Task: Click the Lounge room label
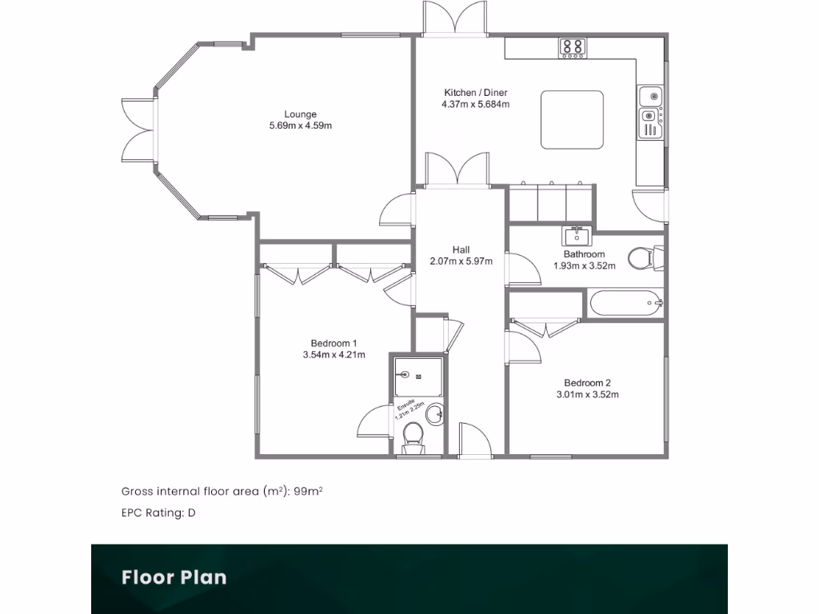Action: tap(300, 114)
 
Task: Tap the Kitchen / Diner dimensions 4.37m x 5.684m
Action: tap(475, 104)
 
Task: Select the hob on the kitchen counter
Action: tap(572, 47)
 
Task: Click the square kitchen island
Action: tap(572, 119)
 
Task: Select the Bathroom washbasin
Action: tap(576, 236)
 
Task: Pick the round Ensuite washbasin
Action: tap(434, 415)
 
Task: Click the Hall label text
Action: tap(460, 249)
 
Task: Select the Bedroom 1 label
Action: tap(334, 343)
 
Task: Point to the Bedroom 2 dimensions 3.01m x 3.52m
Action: tap(588, 394)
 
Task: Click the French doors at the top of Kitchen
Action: tap(454, 18)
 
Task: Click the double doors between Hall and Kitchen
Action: tap(456, 169)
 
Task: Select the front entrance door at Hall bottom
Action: tap(475, 441)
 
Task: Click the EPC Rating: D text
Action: tap(158, 513)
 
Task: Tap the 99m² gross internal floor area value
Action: tap(308, 492)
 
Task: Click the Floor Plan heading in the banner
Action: tap(174, 577)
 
